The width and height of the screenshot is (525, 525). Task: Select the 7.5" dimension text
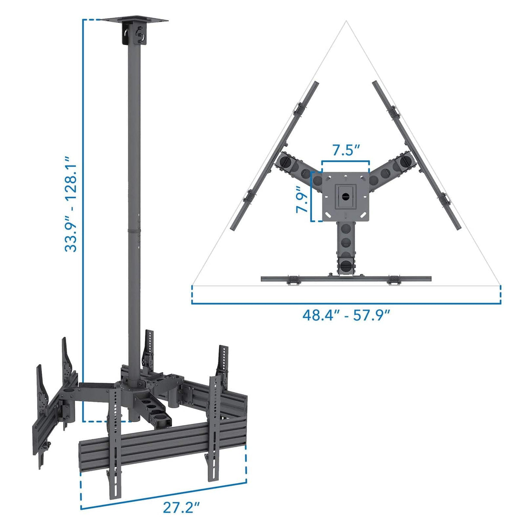point(346,150)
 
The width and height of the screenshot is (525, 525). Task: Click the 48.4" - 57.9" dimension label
point(346,315)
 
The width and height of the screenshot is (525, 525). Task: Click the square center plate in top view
point(346,197)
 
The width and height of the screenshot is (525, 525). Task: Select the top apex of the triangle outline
point(346,22)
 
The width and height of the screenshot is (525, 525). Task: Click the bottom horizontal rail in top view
point(346,279)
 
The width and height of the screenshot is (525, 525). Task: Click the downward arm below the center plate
point(346,246)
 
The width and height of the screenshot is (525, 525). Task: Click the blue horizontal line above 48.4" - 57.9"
point(346,303)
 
